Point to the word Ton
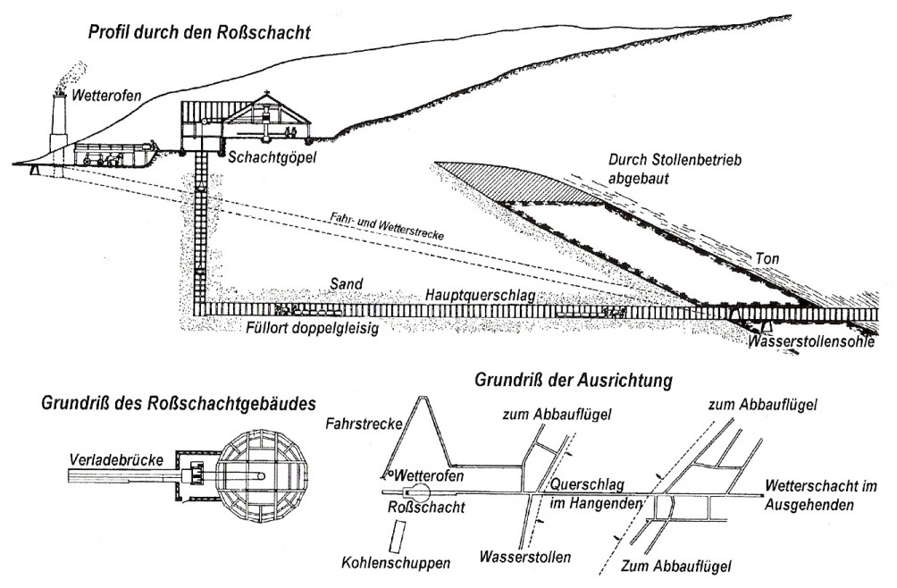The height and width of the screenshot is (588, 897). tap(766, 257)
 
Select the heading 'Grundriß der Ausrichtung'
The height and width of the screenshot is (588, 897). tap(574, 381)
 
